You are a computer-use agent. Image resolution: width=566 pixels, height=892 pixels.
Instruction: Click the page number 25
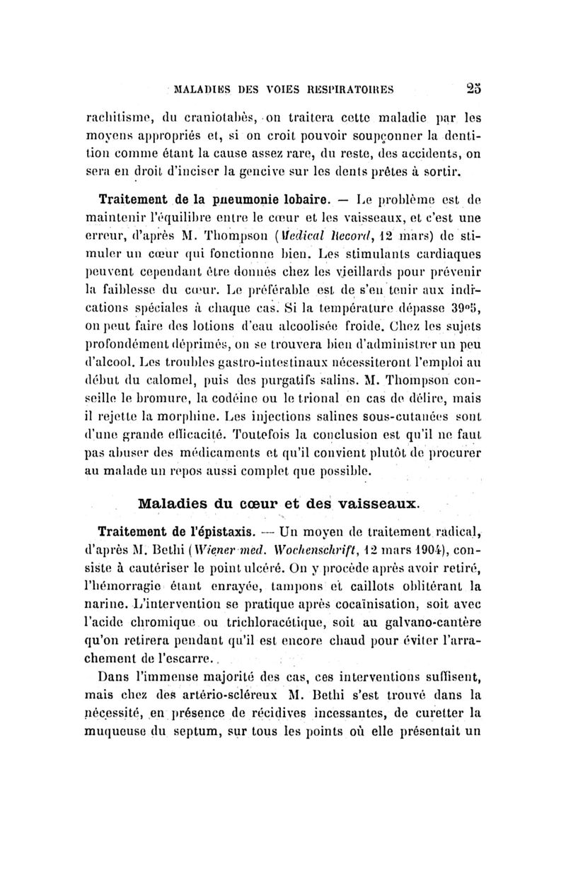tap(473, 90)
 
